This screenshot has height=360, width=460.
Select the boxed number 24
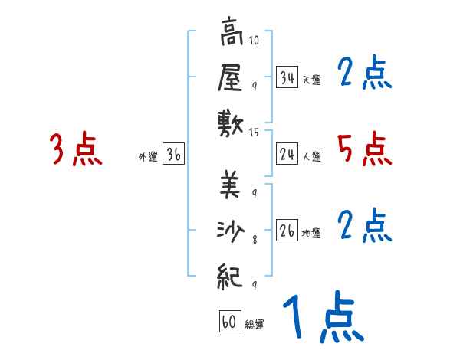click(x=287, y=155)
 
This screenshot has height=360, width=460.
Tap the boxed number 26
click(x=287, y=231)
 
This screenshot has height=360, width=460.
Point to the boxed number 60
click(x=229, y=322)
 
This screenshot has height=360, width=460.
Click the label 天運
click(x=311, y=80)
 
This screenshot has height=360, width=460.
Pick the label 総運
click(x=255, y=325)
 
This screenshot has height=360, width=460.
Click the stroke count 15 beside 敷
click(x=255, y=133)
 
